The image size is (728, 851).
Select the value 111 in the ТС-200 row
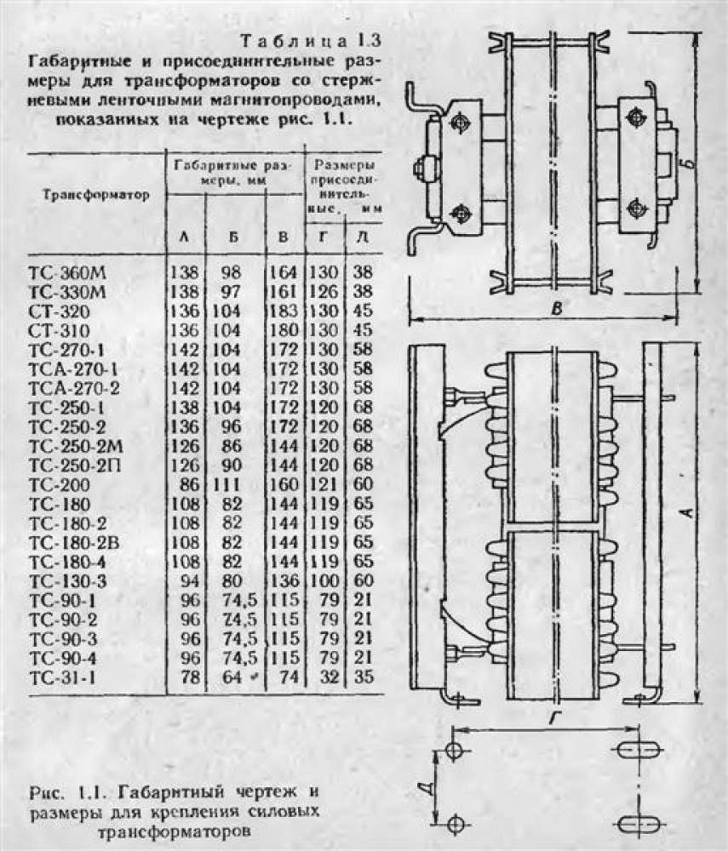(232, 484)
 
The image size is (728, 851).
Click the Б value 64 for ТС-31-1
(231, 678)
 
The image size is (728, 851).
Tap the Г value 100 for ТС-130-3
(324, 581)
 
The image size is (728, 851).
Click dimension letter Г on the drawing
(554, 719)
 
